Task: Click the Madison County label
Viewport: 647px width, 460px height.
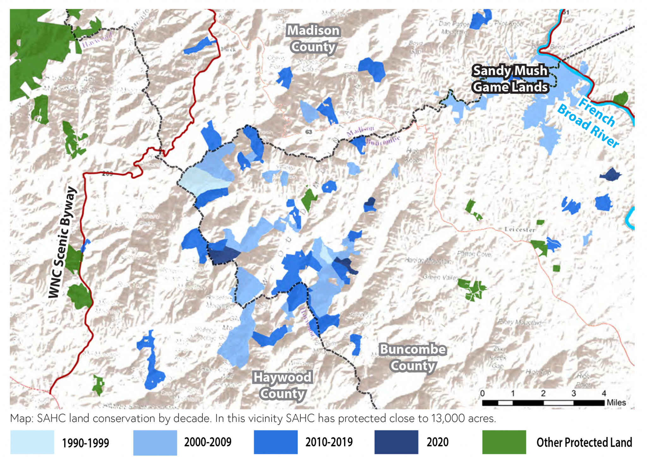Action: click(x=313, y=39)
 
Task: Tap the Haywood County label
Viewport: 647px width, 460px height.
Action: click(x=283, y=385)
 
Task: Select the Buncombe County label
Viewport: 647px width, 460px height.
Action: click(x=413, y=357)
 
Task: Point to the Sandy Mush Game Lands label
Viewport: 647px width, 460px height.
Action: click(x=510, y=79)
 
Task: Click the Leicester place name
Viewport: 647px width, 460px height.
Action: click(x=520, y=229)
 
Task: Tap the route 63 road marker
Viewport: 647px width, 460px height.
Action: click(x=309, y=132)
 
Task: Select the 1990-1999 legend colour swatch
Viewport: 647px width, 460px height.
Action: click(x=32, y=442)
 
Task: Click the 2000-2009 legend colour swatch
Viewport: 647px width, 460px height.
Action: click(x=155, y=442)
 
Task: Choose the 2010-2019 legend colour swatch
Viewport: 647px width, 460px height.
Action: click(x=275, y=442)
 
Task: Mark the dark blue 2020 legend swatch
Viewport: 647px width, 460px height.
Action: click(x=396, y=442)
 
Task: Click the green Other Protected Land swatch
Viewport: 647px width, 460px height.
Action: click(x=504, y=442)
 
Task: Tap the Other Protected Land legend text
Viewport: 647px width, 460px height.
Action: click(x=584, y=442)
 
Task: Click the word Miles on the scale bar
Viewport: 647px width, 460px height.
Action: click(x=616, y=403)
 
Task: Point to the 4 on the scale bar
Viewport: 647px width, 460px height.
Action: click(x=604, y=393)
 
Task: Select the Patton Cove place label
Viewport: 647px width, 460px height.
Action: click(x=474, y=254)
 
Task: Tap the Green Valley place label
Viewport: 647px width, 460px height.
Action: click(x=441, y=277)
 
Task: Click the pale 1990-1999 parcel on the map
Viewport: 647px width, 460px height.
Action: click(x=202, y=180)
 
